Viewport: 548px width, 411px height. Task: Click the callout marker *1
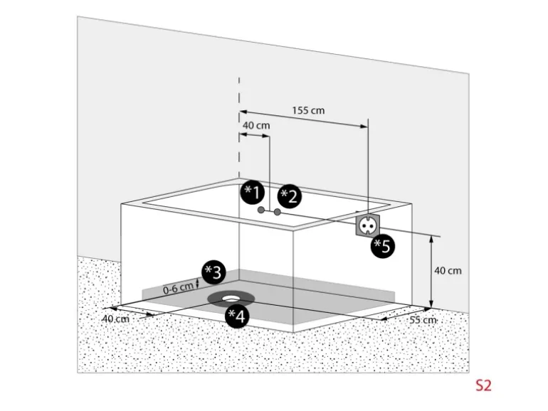253,192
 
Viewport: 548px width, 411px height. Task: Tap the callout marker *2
289,196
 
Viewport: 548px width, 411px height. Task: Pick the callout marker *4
236,316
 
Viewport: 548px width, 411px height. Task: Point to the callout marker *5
383,247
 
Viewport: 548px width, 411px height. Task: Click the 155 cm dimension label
308,110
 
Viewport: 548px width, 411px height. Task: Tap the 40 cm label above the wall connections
256,126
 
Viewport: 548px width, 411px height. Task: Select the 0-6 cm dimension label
178,288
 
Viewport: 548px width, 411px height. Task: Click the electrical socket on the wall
368,225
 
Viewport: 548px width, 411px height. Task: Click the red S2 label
483,386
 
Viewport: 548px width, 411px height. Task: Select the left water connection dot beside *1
261,210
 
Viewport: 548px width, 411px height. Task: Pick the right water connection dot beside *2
277,212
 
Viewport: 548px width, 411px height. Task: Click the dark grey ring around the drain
214,298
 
